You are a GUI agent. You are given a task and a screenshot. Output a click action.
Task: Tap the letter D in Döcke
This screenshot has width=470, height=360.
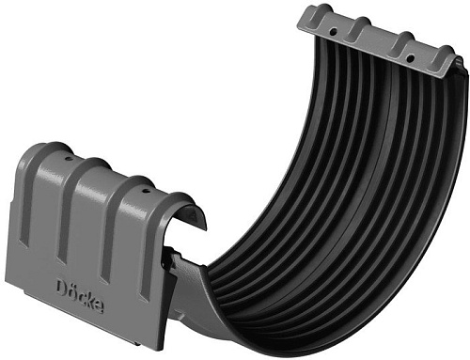pos(61,281)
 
